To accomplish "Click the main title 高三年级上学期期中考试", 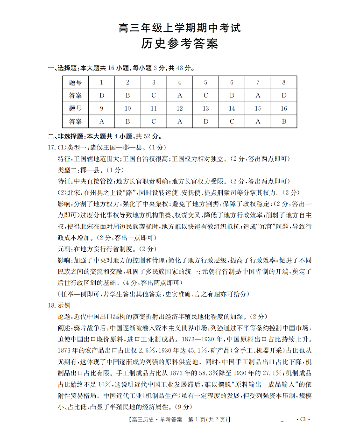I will [x=180, y=28].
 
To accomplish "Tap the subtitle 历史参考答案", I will [x=180, y=45].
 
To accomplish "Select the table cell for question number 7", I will [x=258, y=83].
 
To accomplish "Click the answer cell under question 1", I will [x=101, y=96].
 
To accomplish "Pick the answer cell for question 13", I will [x=205, y=121].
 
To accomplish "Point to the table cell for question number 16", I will [x=284, y=108].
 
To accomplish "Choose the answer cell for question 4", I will [x=179, y=96].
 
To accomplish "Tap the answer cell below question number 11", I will [x=154, y=121].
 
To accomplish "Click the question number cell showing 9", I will [x=101, y=108].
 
